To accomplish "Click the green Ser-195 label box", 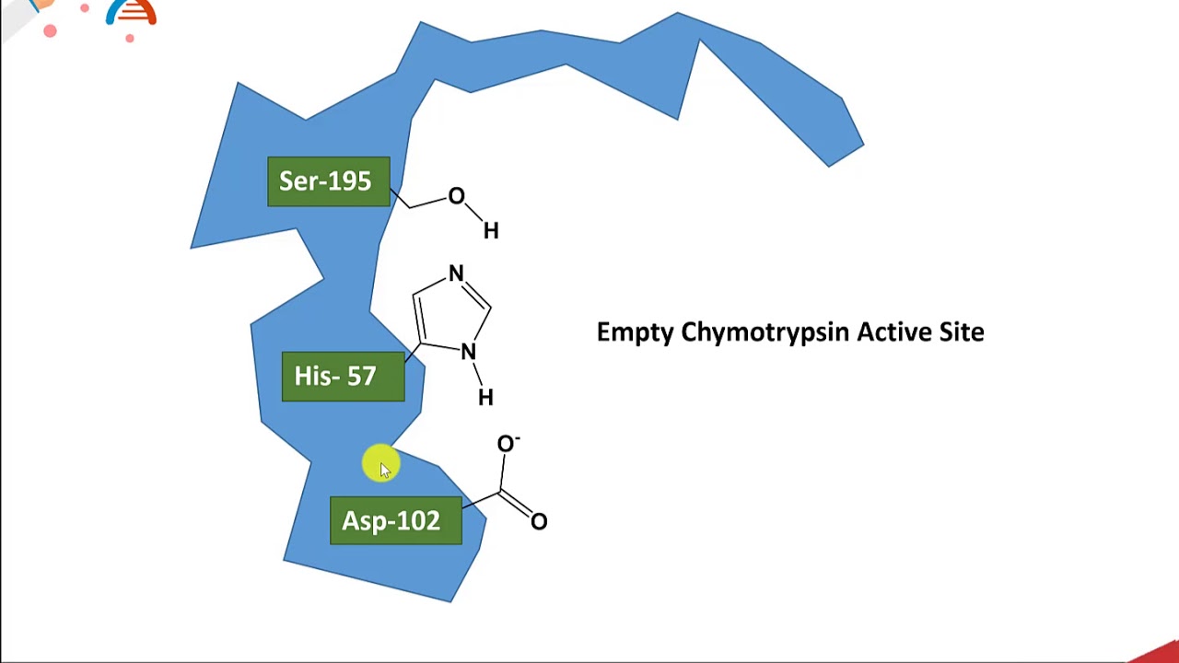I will (x=328, y=181).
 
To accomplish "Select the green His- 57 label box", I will (x=343, y=377).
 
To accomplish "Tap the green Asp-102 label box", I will (x=395, y=521).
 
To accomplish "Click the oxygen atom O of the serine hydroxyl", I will (x=456, y=197).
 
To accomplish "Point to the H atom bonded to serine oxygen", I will (x=491, y=231).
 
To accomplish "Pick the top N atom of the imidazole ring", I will (x=456, y=274).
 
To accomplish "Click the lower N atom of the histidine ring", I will (x=468, y=352).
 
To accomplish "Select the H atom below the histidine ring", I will (x=485, y=398).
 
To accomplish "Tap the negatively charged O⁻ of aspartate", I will (x=507, y=445).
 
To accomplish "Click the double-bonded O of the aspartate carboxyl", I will (x=539, y=522).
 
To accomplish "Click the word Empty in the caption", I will (x=635, y=332).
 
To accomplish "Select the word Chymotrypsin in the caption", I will (x=765, y=332).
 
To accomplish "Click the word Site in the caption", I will (x=962, y=331).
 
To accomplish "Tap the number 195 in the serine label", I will (x=351, y=181).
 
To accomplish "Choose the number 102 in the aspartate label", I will (x=419, y=521).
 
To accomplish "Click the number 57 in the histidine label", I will (x=362, y=377).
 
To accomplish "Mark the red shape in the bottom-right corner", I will (x=1158, y=651).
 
